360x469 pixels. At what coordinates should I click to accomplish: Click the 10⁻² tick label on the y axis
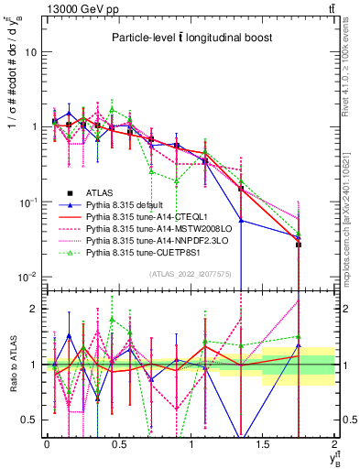point(29,277)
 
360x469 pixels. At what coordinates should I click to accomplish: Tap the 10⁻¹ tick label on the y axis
point(29,202)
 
